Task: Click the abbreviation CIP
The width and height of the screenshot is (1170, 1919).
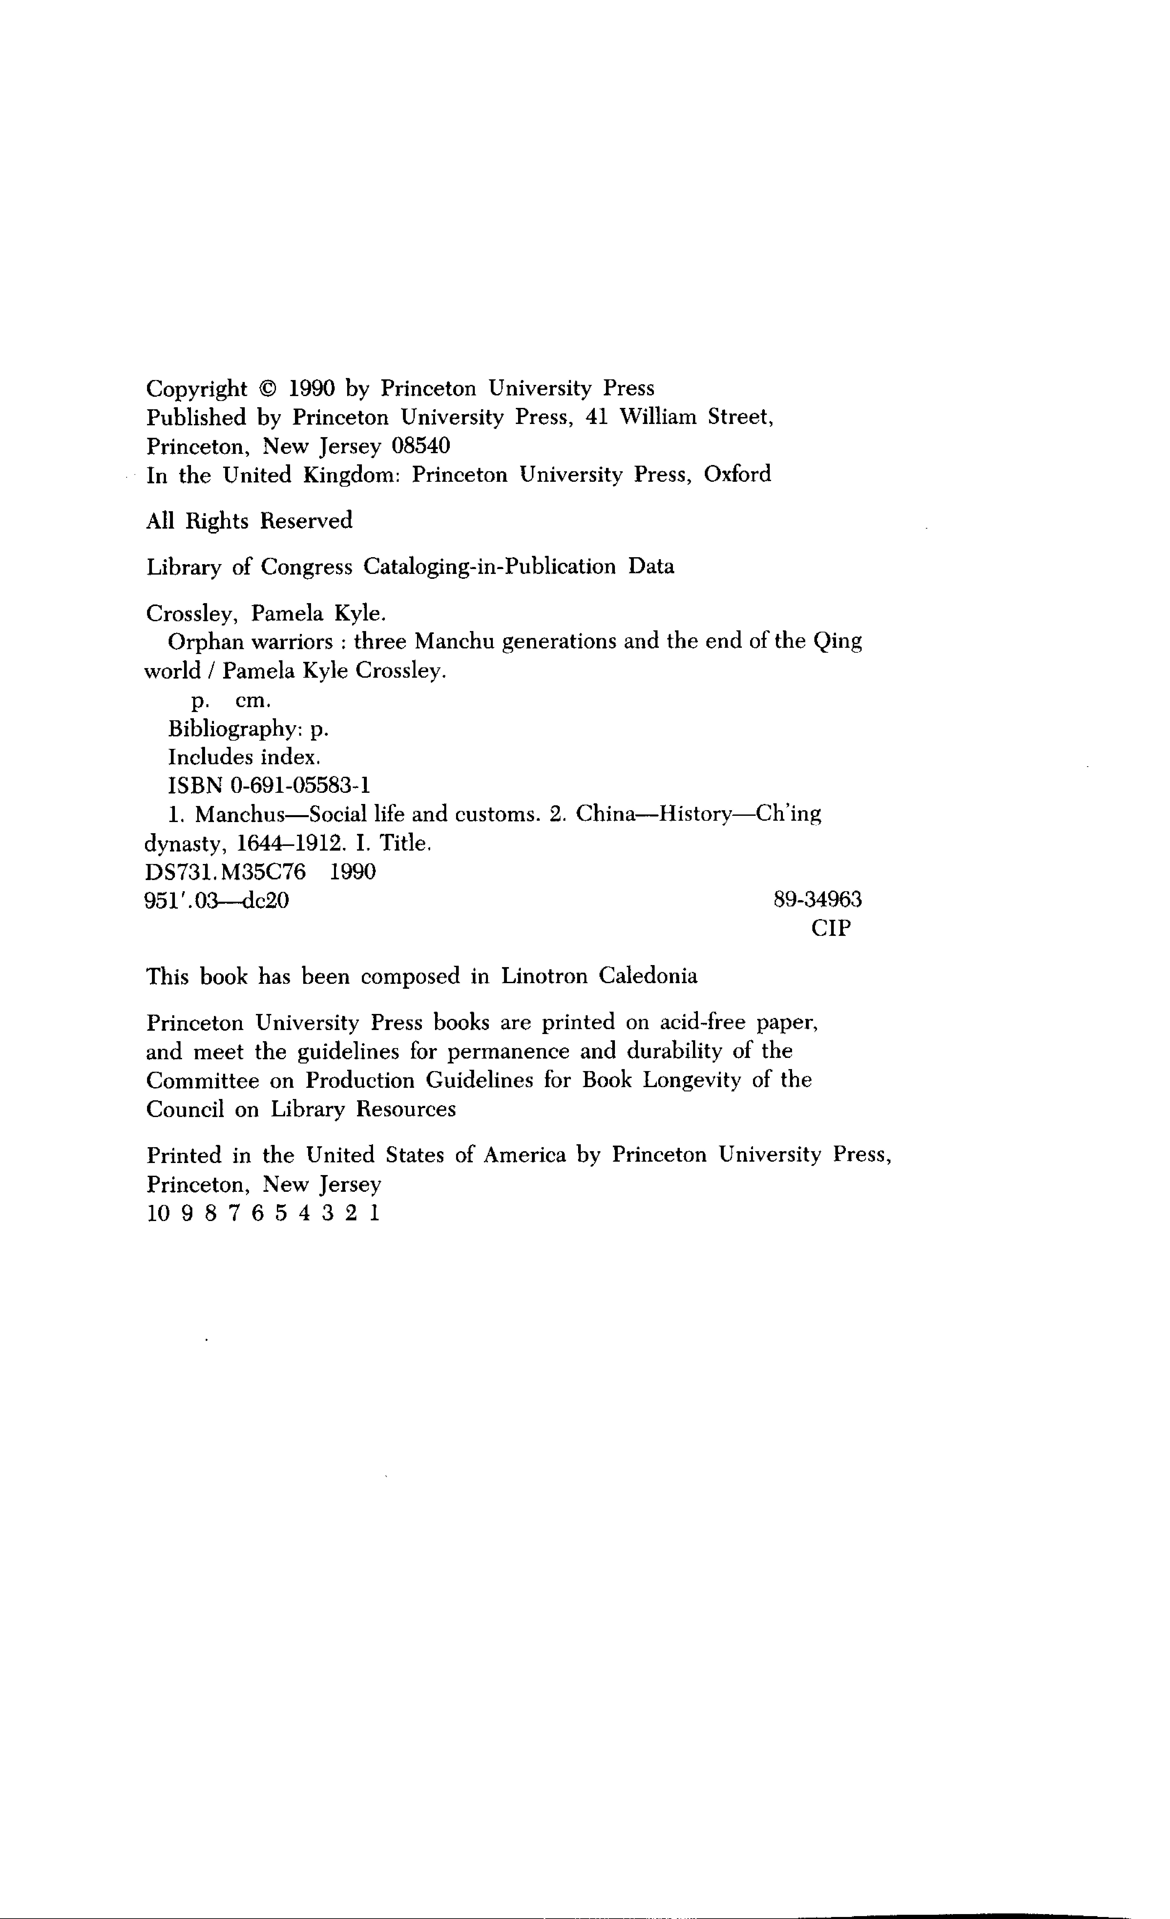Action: click(x=831, y=928)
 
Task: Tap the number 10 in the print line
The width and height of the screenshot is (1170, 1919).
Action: click(x=157, y=1213)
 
